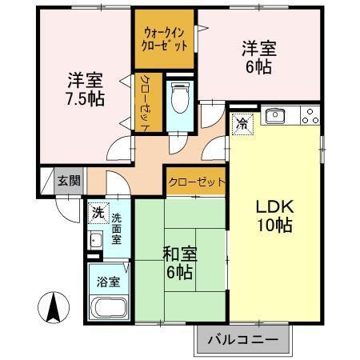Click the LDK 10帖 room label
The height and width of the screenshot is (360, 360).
pos(274,215)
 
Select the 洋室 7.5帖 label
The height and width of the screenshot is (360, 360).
pos(84,89)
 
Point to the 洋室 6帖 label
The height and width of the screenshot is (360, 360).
pos(258,57)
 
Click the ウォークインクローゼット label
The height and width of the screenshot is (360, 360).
pos(166,39)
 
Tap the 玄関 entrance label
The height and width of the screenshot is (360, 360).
pos(68,181)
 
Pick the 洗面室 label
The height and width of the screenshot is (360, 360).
pos(117,228)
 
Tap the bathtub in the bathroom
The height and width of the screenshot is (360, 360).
pos(108,309)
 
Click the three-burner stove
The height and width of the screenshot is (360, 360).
pos(310,115)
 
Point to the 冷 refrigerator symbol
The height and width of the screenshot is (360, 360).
pos(242,123)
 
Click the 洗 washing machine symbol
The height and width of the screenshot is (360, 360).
pos(98,214)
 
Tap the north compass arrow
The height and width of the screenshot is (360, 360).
pos(53,308)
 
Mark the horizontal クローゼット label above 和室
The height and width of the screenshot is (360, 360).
pos(197,182)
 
